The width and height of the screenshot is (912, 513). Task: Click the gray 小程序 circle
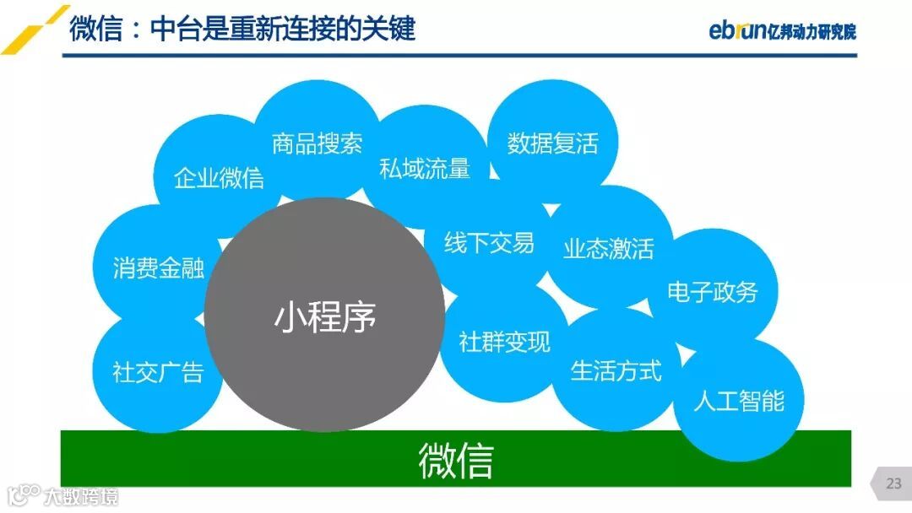[324, 316]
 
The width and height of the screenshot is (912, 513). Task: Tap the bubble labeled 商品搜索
[317, 144]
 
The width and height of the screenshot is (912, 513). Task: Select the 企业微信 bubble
[219, 178]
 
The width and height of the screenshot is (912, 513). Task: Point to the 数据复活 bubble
[552, 143]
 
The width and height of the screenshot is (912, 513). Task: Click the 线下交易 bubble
[490, 244]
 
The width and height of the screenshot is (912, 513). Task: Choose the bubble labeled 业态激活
[609, 249]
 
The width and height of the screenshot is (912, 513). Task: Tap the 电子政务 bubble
[713, 292]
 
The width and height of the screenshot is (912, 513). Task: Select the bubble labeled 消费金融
[159, 268]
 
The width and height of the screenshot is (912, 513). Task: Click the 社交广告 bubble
[158, 372]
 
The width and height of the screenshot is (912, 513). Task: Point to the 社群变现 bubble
[504, 342]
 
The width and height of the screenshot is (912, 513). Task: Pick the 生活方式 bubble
[616, 370]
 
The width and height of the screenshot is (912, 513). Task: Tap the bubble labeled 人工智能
[739, 400]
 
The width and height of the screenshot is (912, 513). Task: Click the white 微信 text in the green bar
[455, 460]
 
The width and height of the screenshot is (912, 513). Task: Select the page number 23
[893, 483]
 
